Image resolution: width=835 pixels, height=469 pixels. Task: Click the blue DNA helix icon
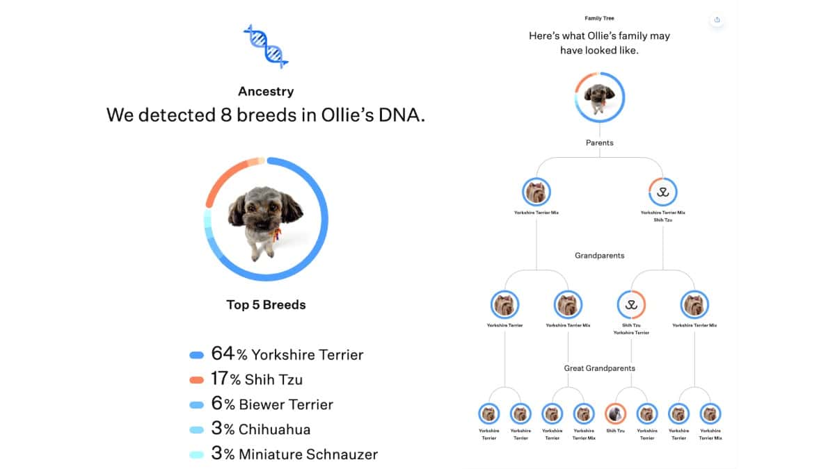point(265,45)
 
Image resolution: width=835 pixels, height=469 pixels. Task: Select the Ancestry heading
point(266,91)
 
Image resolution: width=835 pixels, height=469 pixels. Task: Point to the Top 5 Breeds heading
point(266,304)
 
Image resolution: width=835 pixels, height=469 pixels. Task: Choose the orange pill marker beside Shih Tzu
point(196,380)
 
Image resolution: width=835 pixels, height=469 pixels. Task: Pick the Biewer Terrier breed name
point(285,404)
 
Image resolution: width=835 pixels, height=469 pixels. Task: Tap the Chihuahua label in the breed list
point(274,429)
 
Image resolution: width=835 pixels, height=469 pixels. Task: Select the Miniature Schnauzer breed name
point(308,454)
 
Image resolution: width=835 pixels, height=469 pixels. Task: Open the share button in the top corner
point(717,19)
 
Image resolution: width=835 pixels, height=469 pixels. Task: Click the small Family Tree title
point(599,18)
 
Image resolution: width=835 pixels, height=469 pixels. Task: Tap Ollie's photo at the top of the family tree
point(599,97)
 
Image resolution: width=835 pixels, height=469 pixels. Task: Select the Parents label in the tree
point(599,142)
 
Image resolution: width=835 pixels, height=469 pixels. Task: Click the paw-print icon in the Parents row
point(662,192)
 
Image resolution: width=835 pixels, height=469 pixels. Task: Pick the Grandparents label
point(599,255)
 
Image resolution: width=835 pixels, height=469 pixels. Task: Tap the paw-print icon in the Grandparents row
point(631,304)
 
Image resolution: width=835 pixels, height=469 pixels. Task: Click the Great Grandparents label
point(599,368)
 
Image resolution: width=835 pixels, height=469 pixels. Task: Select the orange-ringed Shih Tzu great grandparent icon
point(615,414)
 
